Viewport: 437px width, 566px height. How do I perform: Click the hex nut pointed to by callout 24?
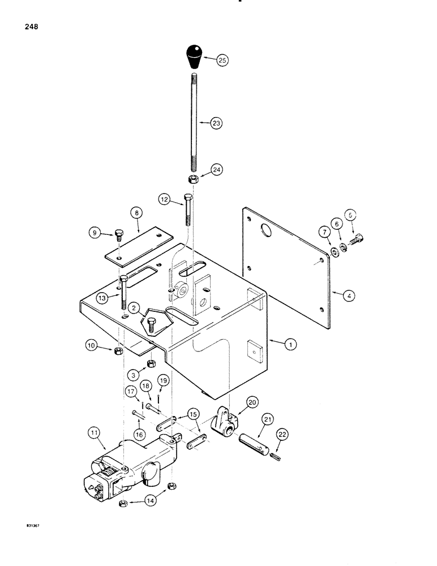[x=192, y=179]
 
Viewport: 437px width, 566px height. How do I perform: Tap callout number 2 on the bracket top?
[x=134, y=307]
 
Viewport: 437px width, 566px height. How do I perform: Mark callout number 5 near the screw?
[x=351, y=215]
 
